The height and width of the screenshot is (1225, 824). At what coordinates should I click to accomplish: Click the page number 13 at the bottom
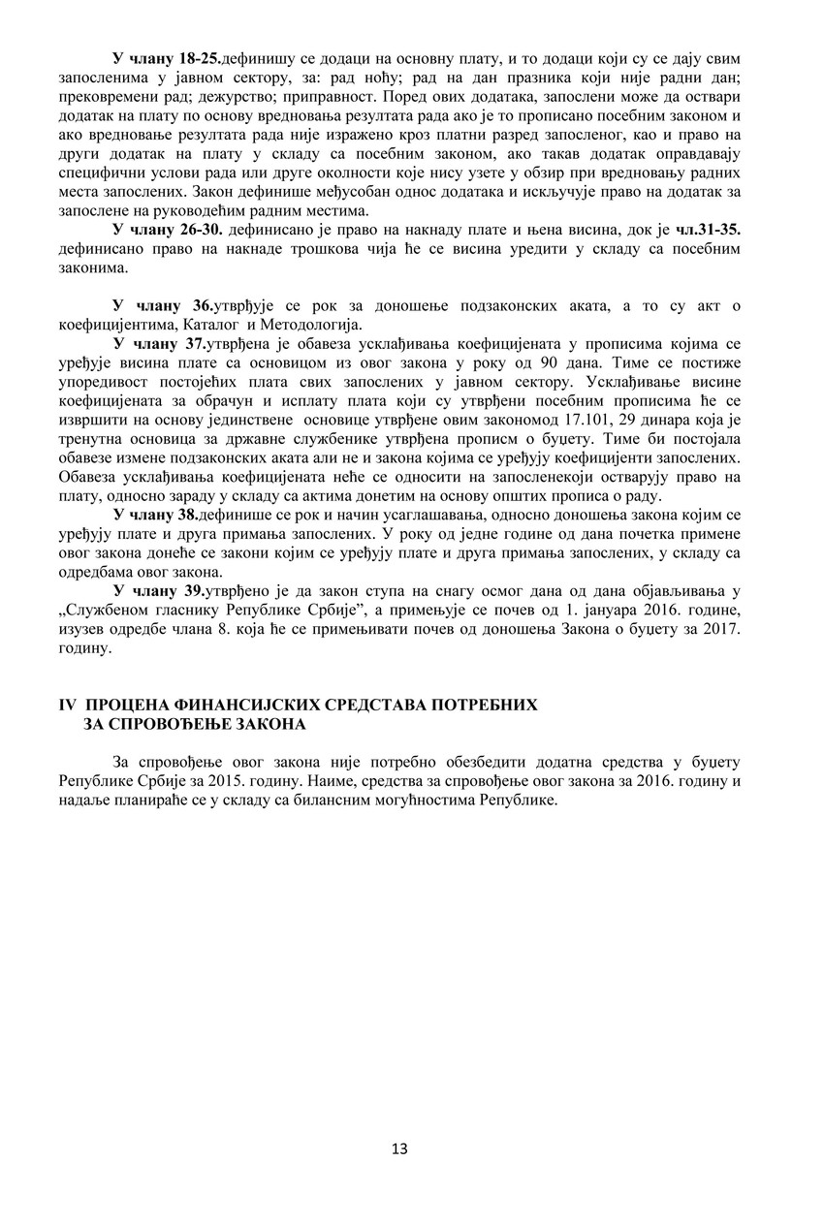399,1149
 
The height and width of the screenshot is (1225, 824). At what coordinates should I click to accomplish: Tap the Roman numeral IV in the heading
69,705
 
